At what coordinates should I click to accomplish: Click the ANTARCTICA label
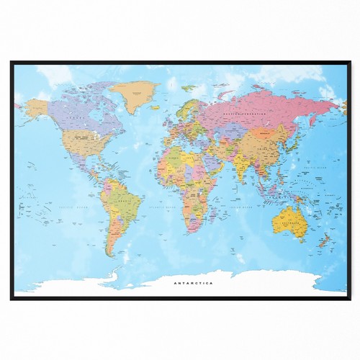[193, 283]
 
